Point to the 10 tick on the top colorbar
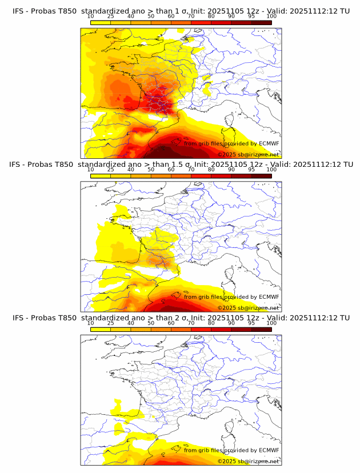(x=90, y=16)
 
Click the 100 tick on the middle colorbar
(x=271, y=170)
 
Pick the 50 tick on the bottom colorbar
(x=151, y=323)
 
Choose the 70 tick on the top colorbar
(x=191, y=16)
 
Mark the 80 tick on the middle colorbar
(x=211, y=170)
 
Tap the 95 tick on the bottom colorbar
(x=251, y=323)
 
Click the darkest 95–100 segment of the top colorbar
(x=261, y=22)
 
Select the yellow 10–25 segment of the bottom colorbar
(x=100, y=328)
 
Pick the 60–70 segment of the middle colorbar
(x=181, y=175)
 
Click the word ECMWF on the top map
(x=269, y=143)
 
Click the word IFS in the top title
(x=19, y=11)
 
